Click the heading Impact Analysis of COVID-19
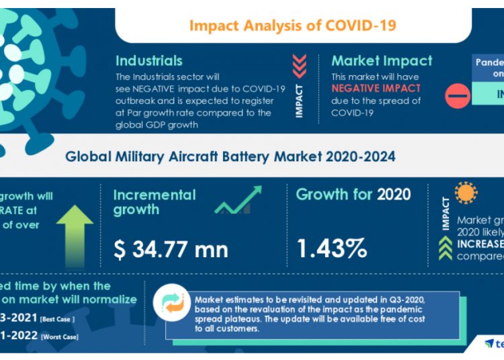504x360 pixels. click(x=292, y=26)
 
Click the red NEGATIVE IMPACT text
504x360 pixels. click(x=376, y=88)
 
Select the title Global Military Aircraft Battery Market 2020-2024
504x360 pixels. click(x=230, y=156)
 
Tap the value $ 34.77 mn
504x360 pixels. click(x=171, y=249)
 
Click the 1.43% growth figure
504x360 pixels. click(x=332, y=249)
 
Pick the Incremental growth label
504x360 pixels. click(x=155, y=202)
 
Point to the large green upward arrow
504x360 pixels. click(x=75, y=231)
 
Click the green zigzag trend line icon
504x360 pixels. click(x=239, y=201)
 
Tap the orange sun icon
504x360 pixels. click(x=465, y=193)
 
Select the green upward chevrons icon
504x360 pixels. click(x=444, y=248)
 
